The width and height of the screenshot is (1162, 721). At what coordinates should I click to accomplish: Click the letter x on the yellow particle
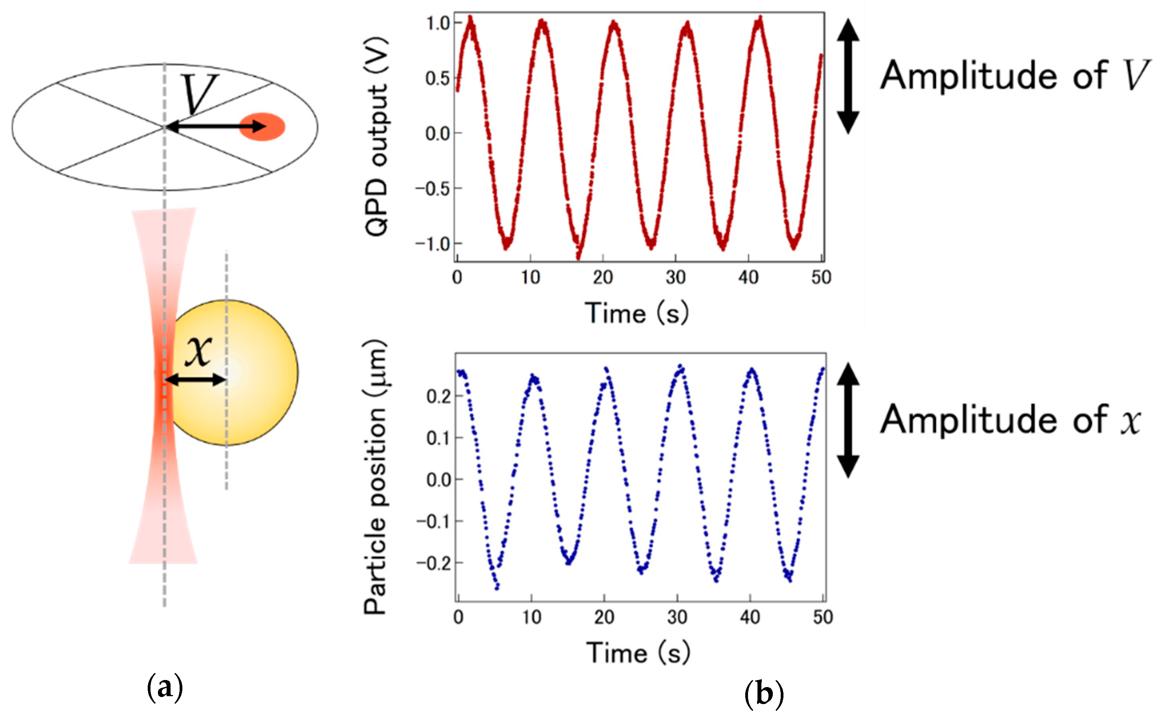click(199, 351)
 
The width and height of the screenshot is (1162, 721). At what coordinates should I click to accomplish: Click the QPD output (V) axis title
click(377, 136)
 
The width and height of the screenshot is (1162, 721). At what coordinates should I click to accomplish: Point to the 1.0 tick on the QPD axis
click(438, 23)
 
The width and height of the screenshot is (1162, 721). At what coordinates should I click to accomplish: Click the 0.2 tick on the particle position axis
click(438, 396)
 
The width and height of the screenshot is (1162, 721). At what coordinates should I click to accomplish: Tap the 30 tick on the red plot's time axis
click(676, 277)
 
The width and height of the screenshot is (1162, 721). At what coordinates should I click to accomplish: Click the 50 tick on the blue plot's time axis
click(822, 617)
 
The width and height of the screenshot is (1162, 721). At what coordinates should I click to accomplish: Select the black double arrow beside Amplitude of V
click(848, 76)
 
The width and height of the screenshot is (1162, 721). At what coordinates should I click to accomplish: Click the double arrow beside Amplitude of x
click(848, 420)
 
